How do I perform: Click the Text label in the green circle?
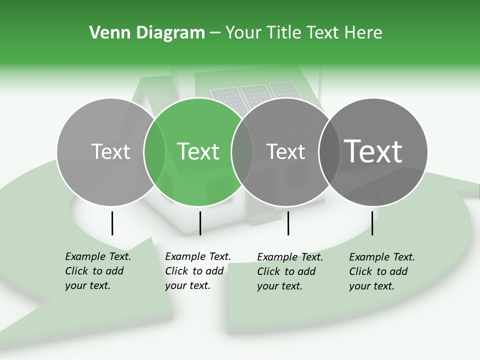pos(198,151)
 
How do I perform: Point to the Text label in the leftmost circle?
pos(111,151)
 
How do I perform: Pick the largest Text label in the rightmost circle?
pos(373,151)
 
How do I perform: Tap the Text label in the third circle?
pos(286,151)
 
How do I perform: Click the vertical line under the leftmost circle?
pos(112,223)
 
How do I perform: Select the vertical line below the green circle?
pos(200,223)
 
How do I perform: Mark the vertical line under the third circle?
pos(288,223)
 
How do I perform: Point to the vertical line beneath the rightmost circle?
pos(372,223)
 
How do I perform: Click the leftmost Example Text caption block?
pos(98,271)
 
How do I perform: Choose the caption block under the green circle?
pos(198,271)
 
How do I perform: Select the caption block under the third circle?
pos(290,271)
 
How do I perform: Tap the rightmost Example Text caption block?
pos(382,271)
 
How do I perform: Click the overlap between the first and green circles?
pos(154,152)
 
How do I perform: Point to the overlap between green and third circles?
pos(242,152)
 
